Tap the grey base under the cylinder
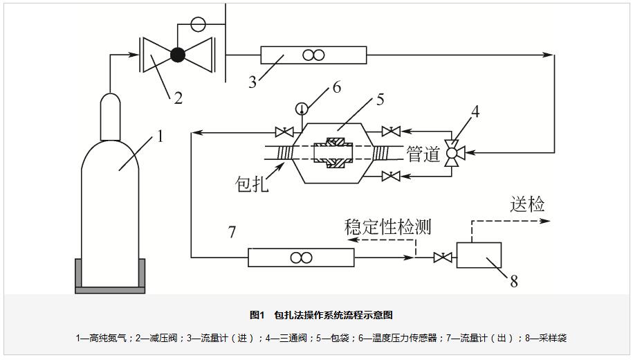pos(110,277)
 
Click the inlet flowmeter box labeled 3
pos(313,55)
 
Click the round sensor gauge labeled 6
pos(302,108)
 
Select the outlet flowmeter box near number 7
pos(301,258)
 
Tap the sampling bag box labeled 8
pos(479,254)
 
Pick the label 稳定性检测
pos(387,226)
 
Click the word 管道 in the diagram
pos(424,154)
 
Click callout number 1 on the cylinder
pos(160,136)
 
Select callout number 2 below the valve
pos(178,98)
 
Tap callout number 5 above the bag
pos(380,100)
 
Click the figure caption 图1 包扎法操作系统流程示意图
pos(321,315)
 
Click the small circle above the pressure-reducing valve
pos(197,23)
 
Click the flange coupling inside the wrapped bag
pos(334,154)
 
